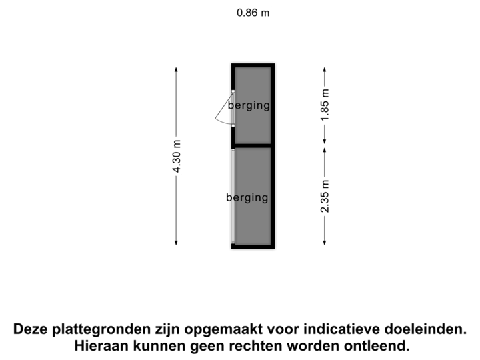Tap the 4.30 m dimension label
pos(177,157)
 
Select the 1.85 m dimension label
pos(325,106)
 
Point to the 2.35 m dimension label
pos(325,196)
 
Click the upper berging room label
pos(249,105)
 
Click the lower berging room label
pos(247,197)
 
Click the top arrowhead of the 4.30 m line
pos(177,69)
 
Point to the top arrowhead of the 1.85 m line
pos(325,69)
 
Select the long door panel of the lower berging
pos(233,195)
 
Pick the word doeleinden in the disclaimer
pos(428,329)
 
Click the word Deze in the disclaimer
pos(30,329)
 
